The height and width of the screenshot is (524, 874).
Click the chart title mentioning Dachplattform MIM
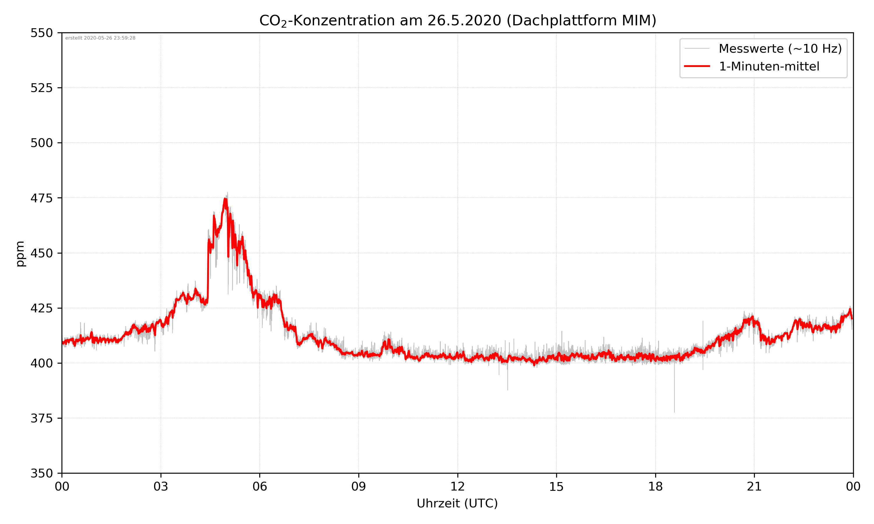point(457,20)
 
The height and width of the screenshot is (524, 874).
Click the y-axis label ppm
point(20,254)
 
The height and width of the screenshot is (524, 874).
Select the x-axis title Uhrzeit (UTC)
point(457,503)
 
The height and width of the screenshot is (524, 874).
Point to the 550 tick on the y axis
point(41,33)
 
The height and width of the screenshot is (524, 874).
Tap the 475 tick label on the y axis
point(41,198)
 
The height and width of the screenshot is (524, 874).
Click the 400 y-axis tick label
point(41,363)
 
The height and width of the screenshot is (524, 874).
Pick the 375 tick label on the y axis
point(41,418)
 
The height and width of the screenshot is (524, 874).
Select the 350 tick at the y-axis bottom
point(41,474)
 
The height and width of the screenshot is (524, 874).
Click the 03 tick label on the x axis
point(161,486)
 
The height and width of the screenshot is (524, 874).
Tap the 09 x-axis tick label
point(359,486)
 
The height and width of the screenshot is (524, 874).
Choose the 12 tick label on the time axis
point(457,486)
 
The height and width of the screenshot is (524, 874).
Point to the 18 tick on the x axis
point(655,486)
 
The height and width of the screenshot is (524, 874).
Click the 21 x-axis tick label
point(754,486)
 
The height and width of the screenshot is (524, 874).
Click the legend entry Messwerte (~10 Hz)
point(780,49)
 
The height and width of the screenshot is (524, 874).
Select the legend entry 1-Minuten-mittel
point(769,66)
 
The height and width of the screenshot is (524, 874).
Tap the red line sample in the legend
point(697,66)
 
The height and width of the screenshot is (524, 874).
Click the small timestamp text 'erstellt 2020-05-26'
point(100,38)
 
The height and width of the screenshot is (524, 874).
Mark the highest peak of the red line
point(225,199)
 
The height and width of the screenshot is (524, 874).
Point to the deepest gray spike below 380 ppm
point(674,411)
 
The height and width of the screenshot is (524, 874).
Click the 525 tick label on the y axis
point(41,88)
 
